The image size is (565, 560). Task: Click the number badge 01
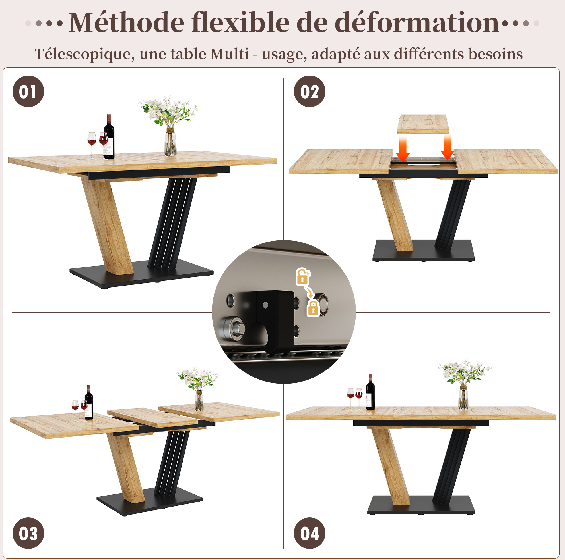point(28,91)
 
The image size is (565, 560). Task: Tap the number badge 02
point(310,91)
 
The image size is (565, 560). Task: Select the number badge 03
point(28,533)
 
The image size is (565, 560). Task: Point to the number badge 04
point(310,533)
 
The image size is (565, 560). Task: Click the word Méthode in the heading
point(126,22)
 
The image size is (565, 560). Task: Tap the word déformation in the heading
point(417,22)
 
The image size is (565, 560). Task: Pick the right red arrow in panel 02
point(447,147)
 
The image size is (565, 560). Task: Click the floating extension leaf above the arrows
point(423,124)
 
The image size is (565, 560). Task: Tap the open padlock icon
point(303,276)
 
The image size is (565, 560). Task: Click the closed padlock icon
point(313,309)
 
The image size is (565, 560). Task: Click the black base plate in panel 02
point(423,250)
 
